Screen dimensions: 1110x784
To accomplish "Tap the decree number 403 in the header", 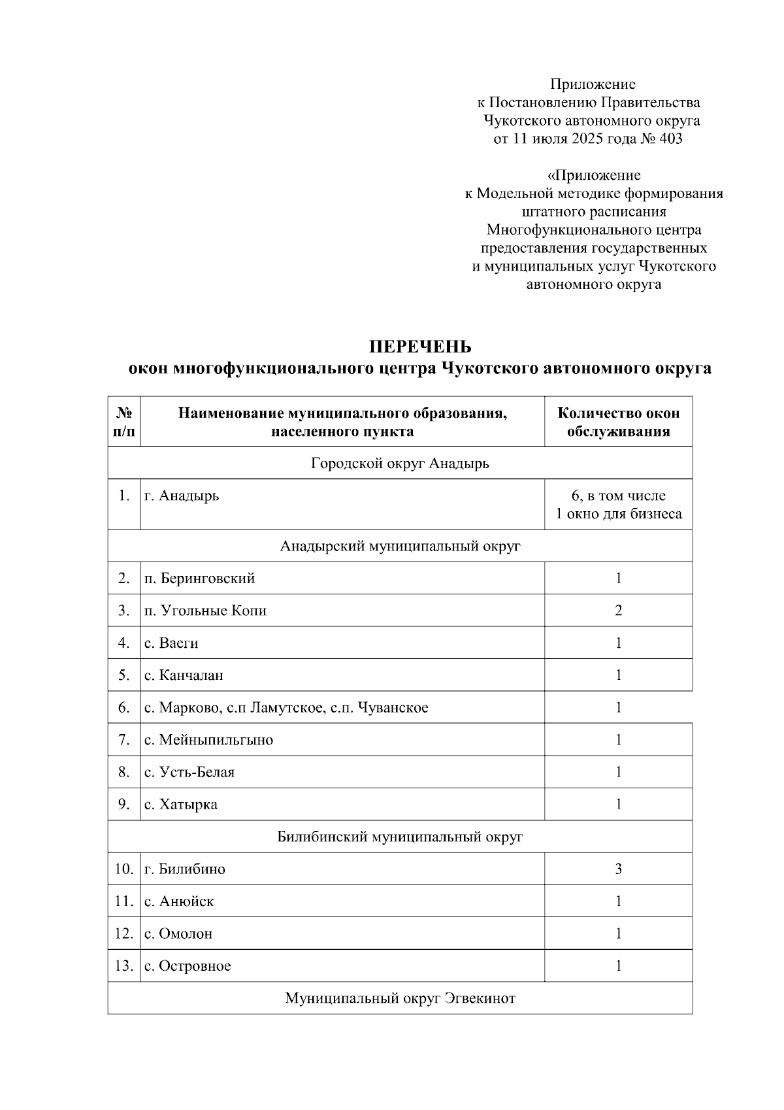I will click(x=670, y=139).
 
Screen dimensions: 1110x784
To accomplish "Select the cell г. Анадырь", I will click(x=182, y=496).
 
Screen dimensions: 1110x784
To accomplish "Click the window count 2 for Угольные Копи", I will click(x=618, y=611).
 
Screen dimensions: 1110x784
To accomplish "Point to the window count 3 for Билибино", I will click(x=618, y=869).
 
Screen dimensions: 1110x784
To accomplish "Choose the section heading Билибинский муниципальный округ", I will click(x=400, y=837).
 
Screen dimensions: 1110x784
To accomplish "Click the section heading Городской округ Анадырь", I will click(x=400, y=463).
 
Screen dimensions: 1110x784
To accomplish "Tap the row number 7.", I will click(x=124, y=740).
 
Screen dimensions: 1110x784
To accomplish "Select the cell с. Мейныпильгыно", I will click(x=208, y=740).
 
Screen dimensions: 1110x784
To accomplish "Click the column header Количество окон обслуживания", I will click(x=618, y=422).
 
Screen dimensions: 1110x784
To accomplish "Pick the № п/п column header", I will click(x=124, y=422).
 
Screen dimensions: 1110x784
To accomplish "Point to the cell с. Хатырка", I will click(x=181, y=805).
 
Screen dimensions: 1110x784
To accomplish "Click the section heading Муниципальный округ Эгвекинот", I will click(x=400, y=998).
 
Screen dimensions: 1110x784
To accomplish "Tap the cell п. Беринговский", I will click(x=199, y=579).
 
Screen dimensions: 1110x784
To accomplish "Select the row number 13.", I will click(x=124, y=966).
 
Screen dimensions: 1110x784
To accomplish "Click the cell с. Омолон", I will click(x=178, y=933).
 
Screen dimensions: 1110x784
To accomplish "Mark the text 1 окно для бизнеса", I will click(x=618, y=514).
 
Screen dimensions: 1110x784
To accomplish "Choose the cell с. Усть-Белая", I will click(x=189, y=772).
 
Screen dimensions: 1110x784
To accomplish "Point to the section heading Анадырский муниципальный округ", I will click(x=400, y=546).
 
